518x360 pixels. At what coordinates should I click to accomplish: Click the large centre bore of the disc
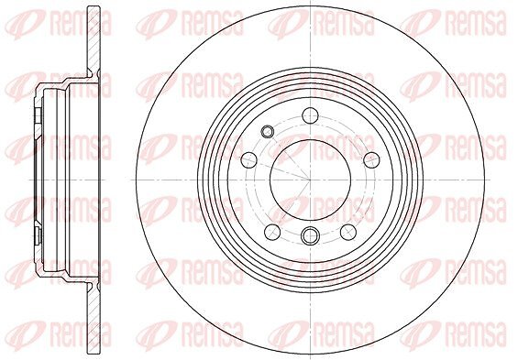(x=310, y=180)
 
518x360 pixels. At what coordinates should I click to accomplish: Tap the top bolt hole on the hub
(x=310, y=115)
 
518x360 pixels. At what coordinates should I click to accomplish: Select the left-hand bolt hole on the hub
(x=249, y=160)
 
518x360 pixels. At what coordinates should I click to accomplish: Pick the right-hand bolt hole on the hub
(x=371, y=160)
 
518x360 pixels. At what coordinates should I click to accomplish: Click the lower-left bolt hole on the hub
(x=272, y=232)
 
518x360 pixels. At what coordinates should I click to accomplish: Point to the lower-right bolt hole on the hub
(x=348, y=232)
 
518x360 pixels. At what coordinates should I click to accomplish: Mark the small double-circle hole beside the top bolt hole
(x=267, y=132)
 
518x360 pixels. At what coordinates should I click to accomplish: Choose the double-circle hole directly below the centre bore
(x=310, y=235)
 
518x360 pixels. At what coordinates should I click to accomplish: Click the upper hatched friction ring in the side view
(x=94, y=40)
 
